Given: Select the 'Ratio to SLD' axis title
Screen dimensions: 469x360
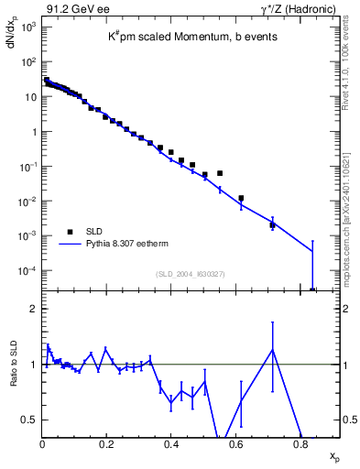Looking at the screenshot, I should click(12, 376).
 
